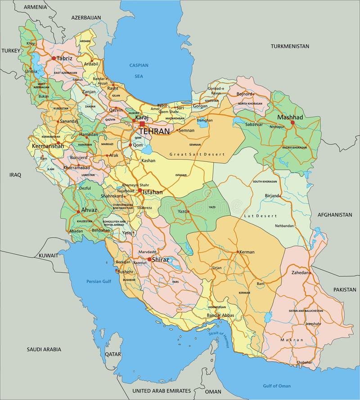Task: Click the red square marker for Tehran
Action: tap(142, 124)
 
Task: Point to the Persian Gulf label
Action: tap(99, 281)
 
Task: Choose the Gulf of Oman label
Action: tap(277, 386)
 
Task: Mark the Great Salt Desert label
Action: tap(197, 154)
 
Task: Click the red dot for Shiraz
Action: tap(149, 259)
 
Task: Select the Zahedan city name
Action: tap(301, 273)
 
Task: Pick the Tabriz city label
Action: tap(64, 58)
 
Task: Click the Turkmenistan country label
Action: tap(290, 46)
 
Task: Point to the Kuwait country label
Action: tap(48, 255)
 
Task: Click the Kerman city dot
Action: tap(238, 252)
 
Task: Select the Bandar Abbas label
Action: tap(220, 316)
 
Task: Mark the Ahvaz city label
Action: tap(89, 210)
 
